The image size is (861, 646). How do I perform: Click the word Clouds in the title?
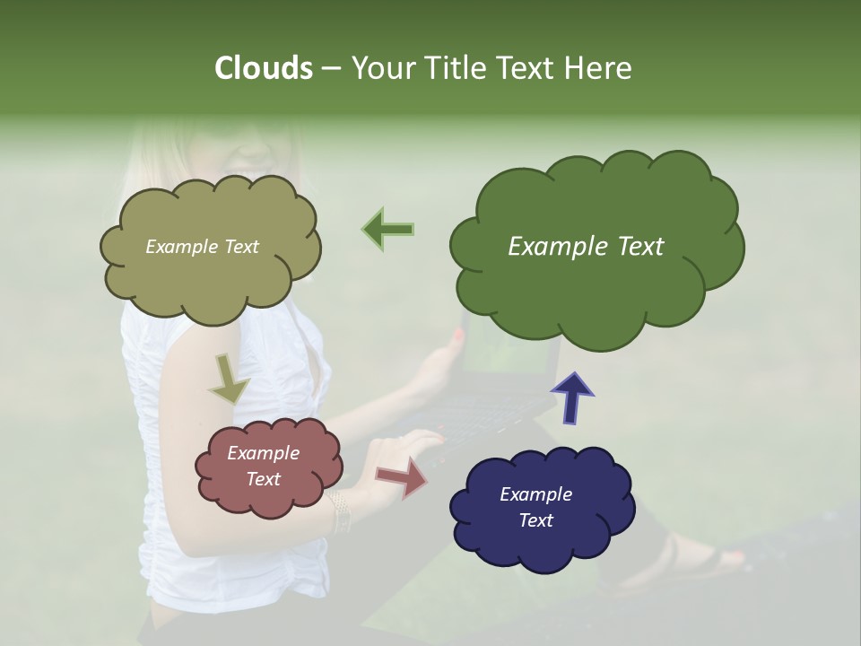(264, 68)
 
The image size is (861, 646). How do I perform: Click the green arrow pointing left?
(388, 229)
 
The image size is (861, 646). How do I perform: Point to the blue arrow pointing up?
(572, 397)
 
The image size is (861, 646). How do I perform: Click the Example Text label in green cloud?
(586, 247)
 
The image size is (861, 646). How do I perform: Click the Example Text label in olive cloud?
(202, 247)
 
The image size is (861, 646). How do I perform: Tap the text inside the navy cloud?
(535, 507)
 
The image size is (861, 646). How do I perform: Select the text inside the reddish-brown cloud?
(264, 466)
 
